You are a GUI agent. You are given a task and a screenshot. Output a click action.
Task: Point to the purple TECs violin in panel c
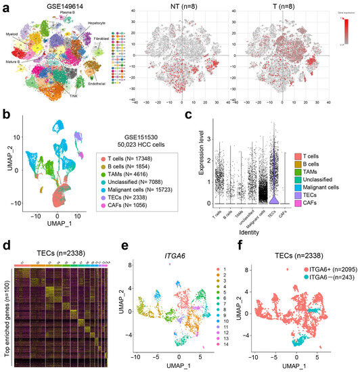[x=272, y=200]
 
